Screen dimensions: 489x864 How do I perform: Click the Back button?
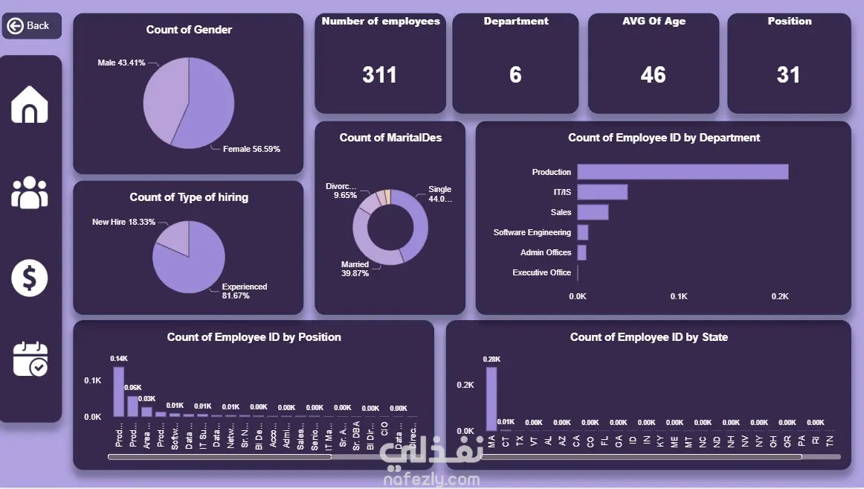click(30, 26)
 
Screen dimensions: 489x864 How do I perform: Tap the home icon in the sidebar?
click(30, 105)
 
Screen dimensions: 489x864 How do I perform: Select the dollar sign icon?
click(30, 278)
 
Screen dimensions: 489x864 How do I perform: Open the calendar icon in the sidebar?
click(30, 359)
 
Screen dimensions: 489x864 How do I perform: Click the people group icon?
click(30, 192)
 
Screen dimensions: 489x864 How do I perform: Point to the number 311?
click(379, 74)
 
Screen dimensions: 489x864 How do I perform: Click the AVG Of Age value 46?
click(653, 74)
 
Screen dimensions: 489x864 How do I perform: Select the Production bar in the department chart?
click(683, 172)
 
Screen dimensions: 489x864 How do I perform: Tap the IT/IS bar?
click(602, 192)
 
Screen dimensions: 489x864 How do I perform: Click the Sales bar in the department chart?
click(593, 212)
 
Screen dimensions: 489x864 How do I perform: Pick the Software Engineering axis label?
click(532, 232)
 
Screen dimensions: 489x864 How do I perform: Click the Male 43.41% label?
click(121, 63)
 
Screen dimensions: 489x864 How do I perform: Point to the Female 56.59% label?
click(251, 149)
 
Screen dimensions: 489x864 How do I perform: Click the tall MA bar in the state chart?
click(491, 398)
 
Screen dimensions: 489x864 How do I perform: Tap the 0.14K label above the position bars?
click(119, 359)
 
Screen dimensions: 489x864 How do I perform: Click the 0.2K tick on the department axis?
click(780, 296)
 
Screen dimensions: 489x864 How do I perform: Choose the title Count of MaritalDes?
click(390, 138)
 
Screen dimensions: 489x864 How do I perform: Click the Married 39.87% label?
click(355, 269)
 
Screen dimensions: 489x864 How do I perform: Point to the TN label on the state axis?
click(829, 440)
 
